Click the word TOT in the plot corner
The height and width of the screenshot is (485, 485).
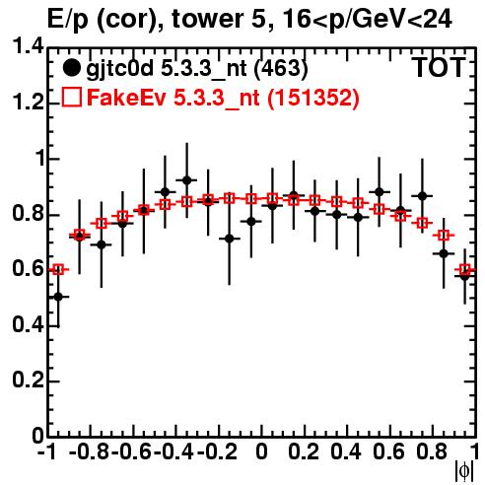439,68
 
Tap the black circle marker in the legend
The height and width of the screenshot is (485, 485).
71,68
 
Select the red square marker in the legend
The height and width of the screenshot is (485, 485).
71,98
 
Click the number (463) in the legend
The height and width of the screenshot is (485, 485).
281,68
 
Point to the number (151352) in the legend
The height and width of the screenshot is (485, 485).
312,98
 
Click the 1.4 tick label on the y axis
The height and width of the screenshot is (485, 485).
28,46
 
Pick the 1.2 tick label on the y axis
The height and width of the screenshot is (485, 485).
28,103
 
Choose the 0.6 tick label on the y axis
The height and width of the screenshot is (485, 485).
28,269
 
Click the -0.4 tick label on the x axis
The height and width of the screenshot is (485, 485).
173,451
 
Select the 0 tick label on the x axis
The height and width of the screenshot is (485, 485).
261,451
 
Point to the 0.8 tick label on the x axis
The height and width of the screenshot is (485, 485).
432,451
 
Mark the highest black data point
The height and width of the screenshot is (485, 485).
186,180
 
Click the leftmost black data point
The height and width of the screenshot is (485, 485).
58,297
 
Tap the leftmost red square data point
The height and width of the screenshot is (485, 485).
58,270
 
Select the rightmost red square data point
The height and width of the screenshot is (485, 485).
465,270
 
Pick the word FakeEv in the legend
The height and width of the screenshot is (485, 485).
126,98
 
